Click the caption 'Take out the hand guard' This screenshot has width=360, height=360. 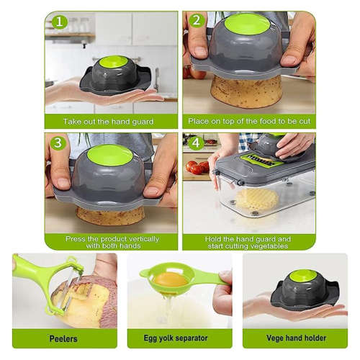pyautogui.click(x=108, y=122)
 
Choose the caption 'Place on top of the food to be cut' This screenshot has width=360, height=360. pyautogui.click(x=248, y=122)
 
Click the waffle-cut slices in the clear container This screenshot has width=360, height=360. pyautogui.click(x=257, y=198)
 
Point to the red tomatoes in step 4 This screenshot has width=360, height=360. pyautogui.click(x=196, y=167)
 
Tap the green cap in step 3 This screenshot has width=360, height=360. pyautogui.click(x=109, y=154)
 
